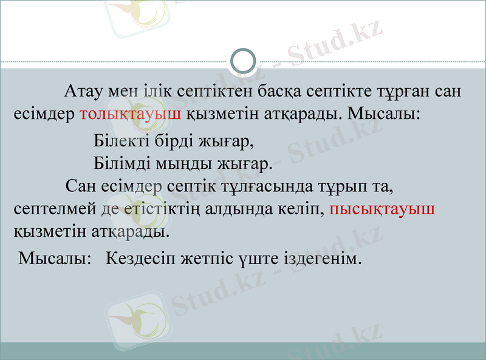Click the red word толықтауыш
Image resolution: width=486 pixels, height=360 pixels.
coord(131,114)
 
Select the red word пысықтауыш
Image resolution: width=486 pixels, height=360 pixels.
coord(382,208)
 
